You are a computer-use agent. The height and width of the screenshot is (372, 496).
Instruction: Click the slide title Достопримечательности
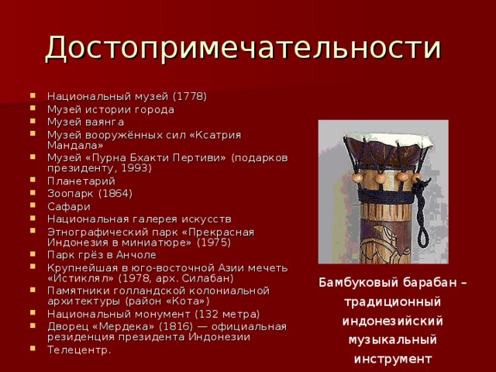tap(244, 47)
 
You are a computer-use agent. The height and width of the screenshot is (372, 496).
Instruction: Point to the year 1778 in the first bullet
tap(189, 96)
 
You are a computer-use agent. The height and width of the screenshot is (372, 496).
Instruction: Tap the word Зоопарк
tap(71, 193)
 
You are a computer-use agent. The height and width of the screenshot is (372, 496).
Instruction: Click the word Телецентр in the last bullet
tap(78, 350)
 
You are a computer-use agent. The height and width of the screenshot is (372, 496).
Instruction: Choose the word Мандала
tap(72, 144)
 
